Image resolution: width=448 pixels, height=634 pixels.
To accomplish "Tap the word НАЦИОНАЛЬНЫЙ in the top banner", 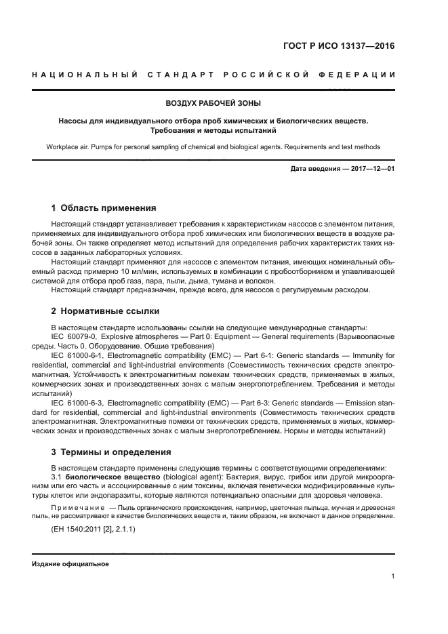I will point(87,75).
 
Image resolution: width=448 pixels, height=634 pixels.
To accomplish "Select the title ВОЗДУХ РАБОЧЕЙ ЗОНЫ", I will point(213,104).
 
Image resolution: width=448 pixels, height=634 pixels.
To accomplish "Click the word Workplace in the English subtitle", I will point(63,146).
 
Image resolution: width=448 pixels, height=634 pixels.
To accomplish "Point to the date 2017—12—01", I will point(372,168).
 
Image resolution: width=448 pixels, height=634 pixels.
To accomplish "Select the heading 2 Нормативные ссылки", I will point(106,311).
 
